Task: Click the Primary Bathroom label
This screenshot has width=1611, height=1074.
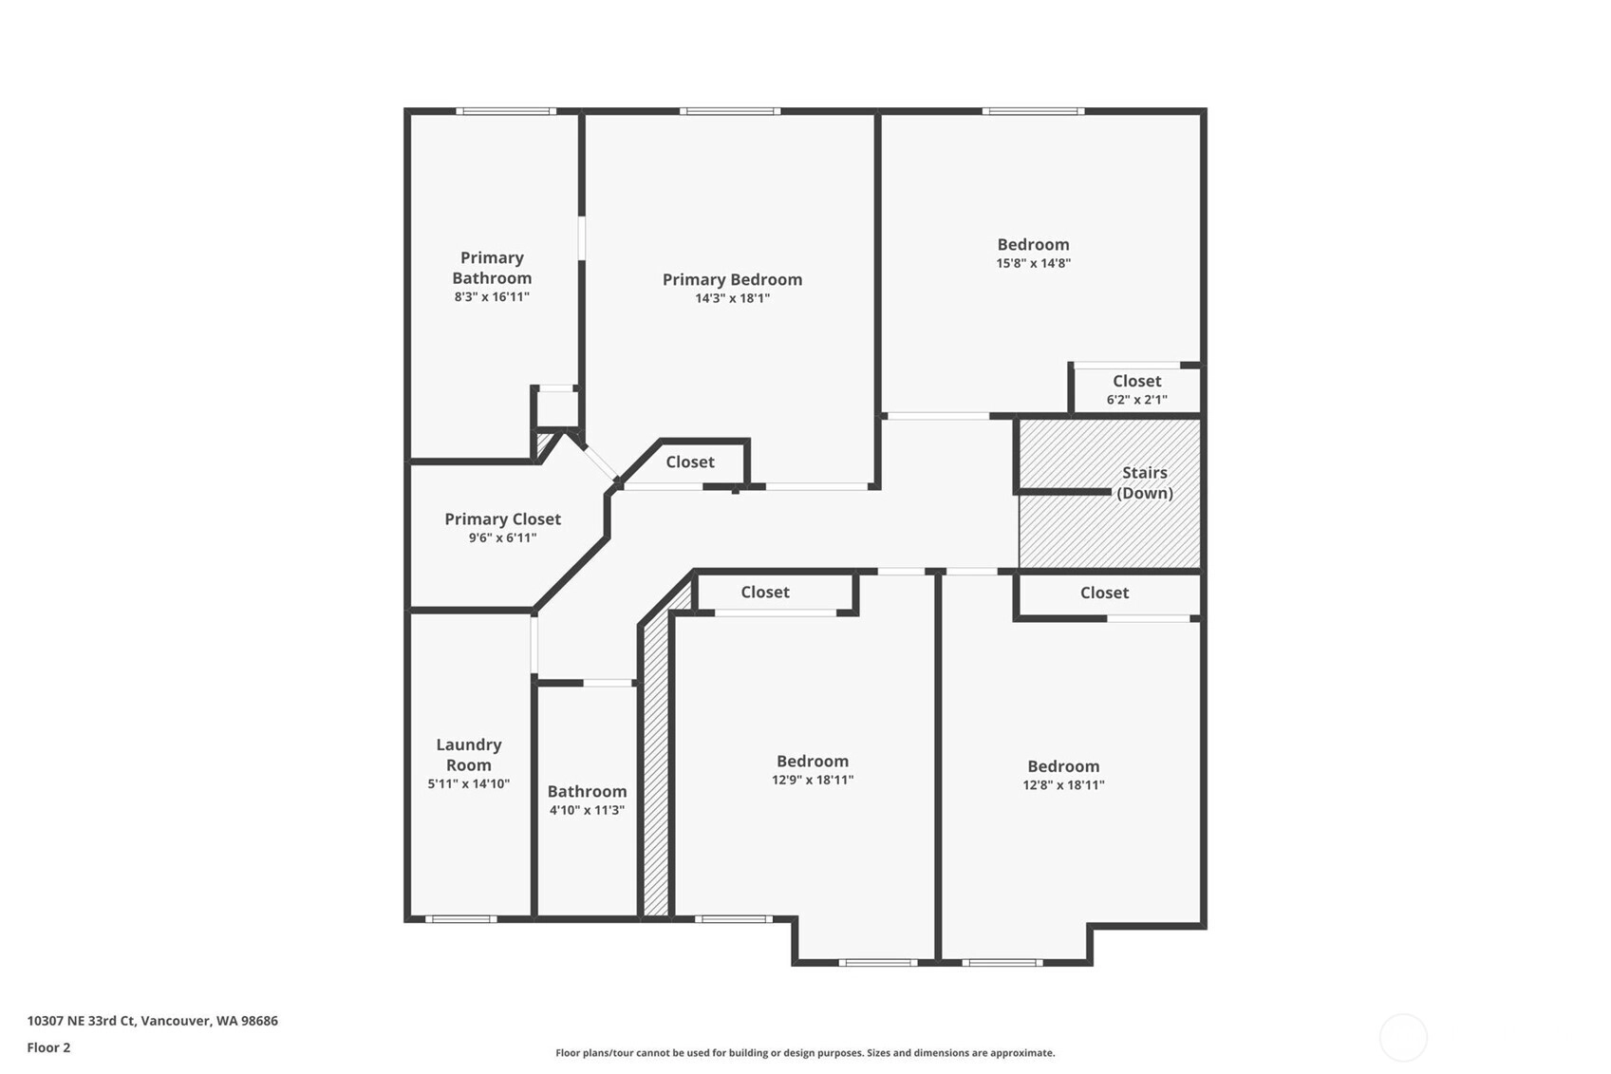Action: [x=492, y=268]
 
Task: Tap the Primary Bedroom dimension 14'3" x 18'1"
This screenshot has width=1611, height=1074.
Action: [x=732, y=298]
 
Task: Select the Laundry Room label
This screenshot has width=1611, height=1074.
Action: [x=469, y=755]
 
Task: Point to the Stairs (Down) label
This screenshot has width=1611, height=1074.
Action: [x=1144, y=482]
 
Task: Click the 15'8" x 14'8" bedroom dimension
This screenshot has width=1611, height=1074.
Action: [x=1033, y=263]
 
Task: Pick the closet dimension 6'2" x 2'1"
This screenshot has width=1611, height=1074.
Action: [x=1136, y=400]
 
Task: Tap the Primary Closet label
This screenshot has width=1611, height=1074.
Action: [x=503, y=519]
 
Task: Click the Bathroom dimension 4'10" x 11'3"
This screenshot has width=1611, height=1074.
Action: [x=587, y=810]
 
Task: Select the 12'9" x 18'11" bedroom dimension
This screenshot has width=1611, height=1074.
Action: [x=813, y=780]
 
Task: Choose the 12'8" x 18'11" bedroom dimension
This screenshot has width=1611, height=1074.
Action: [x=1063, y=784]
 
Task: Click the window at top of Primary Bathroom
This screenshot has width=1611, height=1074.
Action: [x=506, y=111]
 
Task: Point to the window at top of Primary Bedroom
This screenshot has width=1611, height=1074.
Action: [x=730, y=111]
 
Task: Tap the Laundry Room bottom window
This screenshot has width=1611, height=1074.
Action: [x=461, y=918]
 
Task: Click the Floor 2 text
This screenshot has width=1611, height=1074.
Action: [x=49, y=1047]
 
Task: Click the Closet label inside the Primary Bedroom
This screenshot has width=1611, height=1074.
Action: [x=690, y=462]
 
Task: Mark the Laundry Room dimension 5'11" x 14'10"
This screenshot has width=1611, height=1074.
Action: [x=469, y=784]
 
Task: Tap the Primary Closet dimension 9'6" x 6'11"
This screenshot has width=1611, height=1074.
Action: [x=503, y=538]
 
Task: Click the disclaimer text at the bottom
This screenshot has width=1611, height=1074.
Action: [x=805, y=1053]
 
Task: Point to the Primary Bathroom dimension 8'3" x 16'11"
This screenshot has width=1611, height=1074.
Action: [x=492, y=297]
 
